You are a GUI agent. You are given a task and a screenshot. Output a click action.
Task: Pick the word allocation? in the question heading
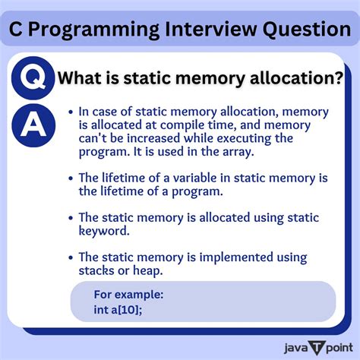click(x=301, y=77)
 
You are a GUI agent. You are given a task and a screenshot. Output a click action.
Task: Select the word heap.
click(x=144, y=270)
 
